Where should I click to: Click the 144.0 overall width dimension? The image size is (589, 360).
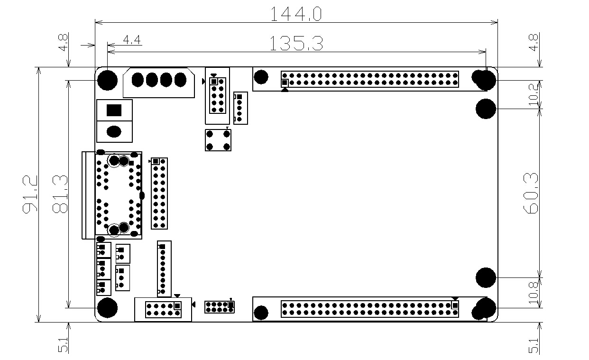point(296,13)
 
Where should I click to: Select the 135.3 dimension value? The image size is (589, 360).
point(296,44)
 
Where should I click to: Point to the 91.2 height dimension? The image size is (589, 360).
point(30,194)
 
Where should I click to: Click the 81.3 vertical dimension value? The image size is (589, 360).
point(60,194)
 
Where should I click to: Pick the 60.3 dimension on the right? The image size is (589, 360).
point(533,194)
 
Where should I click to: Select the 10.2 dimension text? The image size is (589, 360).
point(533,94)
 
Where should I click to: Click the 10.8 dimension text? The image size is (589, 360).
point(533,293)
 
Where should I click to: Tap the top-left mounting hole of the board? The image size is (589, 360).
point(108,80)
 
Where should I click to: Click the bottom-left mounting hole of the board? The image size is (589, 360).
point(108,308)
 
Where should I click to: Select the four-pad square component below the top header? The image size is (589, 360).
point(218,140)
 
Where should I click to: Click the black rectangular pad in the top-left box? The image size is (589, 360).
point(114,110)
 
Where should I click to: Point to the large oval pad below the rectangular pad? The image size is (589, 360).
point(114,131)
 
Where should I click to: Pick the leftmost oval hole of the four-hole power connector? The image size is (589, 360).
point(138,80)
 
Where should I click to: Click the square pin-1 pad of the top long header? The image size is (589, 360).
point(285,83)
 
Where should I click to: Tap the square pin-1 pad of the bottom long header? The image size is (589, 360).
point(455,305)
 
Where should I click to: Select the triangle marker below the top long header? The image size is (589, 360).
point(285,89)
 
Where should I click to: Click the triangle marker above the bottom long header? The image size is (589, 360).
point(455,298)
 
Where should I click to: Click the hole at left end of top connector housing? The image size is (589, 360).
point(261,77)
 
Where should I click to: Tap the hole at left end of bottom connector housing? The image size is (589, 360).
point(261,313)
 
